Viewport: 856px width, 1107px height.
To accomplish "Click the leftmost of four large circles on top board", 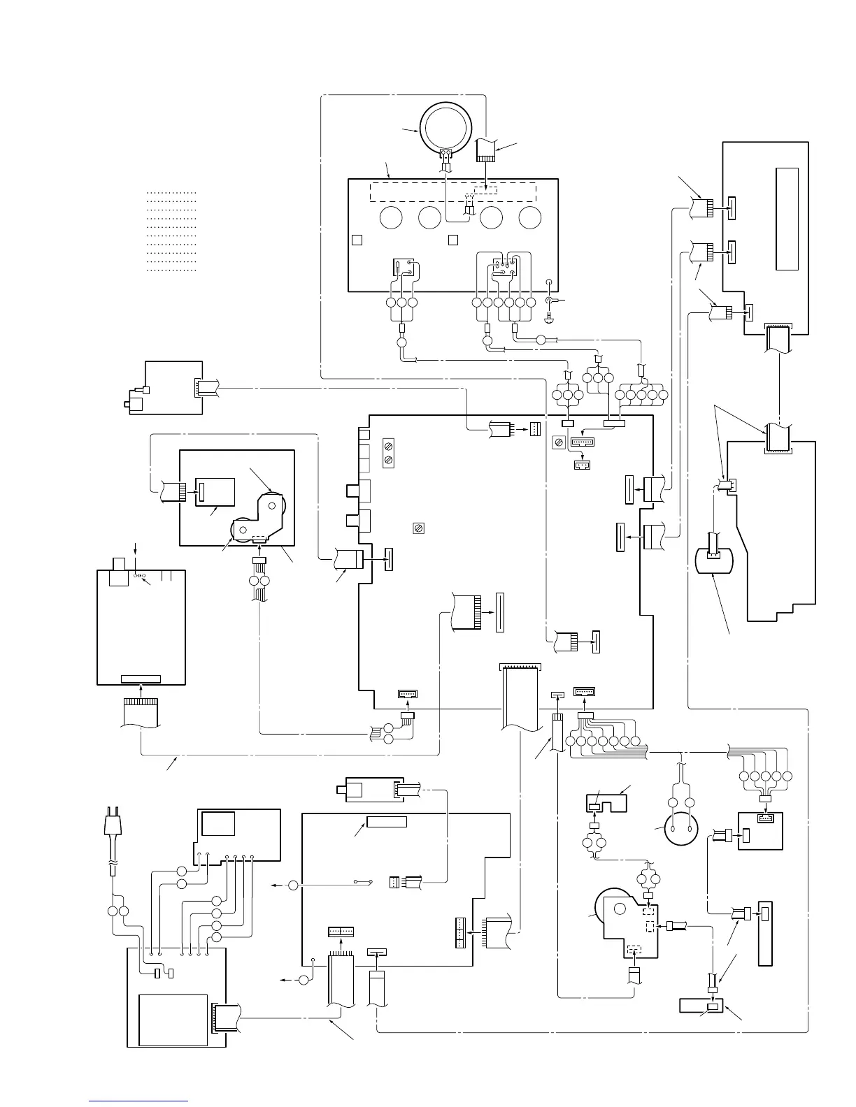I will coord(391,218).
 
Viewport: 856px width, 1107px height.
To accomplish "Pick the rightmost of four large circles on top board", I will coord(529,218).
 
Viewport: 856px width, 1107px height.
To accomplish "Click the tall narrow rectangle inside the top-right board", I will coord(787,219).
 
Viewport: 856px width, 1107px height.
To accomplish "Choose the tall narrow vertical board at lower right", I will coord(765,934).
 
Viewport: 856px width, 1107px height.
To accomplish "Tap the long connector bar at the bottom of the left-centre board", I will coord(141,679).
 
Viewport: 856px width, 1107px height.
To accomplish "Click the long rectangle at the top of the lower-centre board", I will coord(387,821).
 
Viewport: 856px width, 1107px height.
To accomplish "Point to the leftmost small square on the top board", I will coord(357,240).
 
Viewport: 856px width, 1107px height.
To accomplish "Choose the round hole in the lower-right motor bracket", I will coord(620,909).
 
